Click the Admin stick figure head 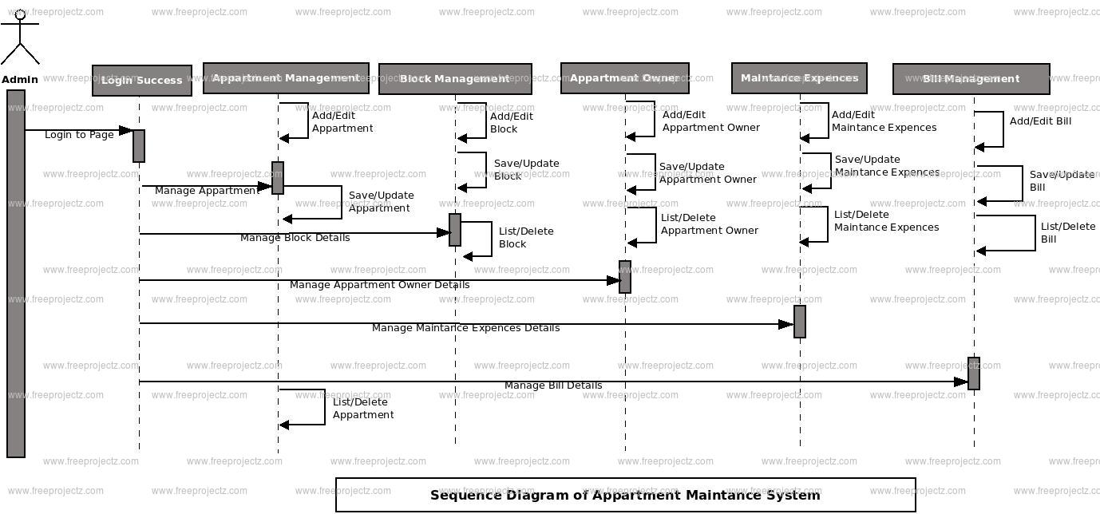point(20,14)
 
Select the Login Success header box point(141,81)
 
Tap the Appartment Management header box point(286,78)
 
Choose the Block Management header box point(455,79)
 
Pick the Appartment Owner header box point(624,78)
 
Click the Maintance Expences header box point(799,78)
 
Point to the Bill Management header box point(971,79)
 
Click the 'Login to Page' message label point(79,135)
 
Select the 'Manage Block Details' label point(295,238)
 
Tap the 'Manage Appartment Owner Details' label point(379,285)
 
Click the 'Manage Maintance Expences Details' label point(465,328)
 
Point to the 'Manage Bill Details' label point(553,385)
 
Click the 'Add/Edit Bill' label point(1040,121)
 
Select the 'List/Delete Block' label point(526,238)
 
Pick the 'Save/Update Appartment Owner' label point(707,173)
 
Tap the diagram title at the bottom point(625,495)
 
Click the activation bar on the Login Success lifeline point(139,146)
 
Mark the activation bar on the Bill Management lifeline point(974,374)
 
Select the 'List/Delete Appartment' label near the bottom point(363,409)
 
